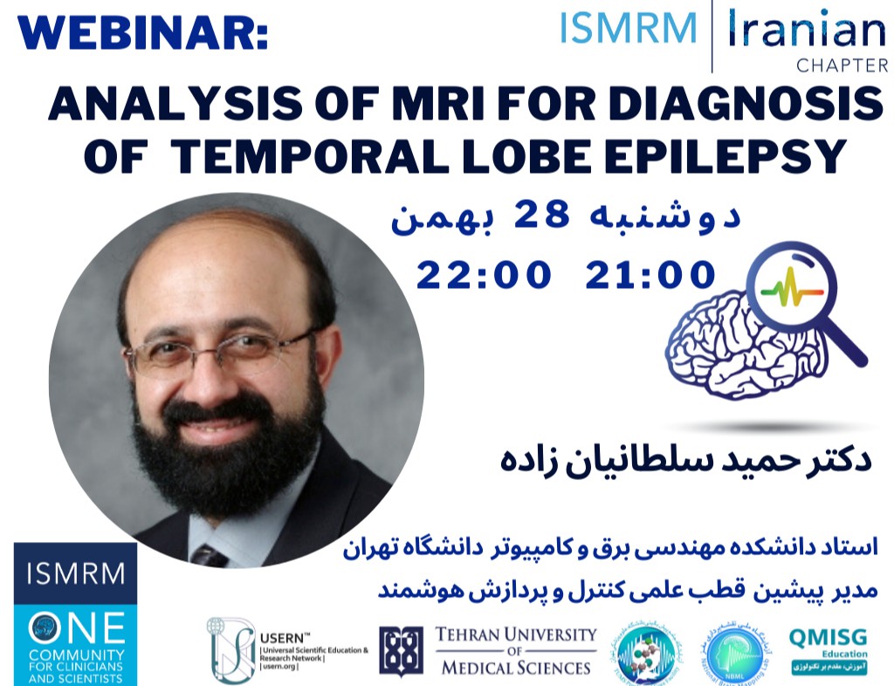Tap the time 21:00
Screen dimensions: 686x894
point(650,274)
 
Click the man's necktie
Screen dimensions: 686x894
point(210,555)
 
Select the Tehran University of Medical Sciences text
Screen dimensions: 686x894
point(515,651)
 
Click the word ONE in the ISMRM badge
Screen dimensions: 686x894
point(77,625)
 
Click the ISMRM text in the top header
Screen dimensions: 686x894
point(629,28)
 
